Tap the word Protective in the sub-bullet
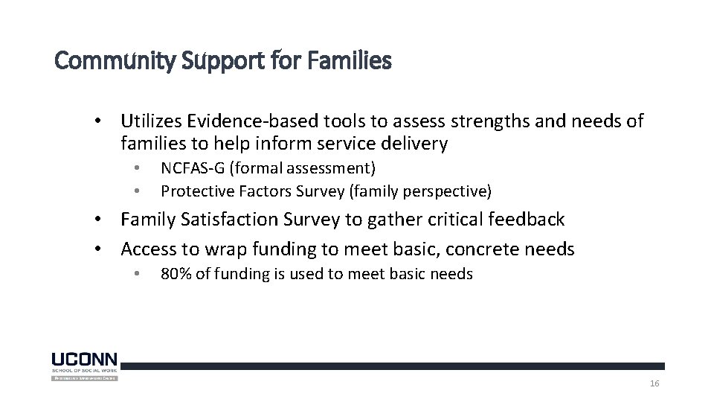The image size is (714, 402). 195,191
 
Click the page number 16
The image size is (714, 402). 654,383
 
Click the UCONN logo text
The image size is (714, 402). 84,358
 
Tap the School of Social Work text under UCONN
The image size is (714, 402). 84,369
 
